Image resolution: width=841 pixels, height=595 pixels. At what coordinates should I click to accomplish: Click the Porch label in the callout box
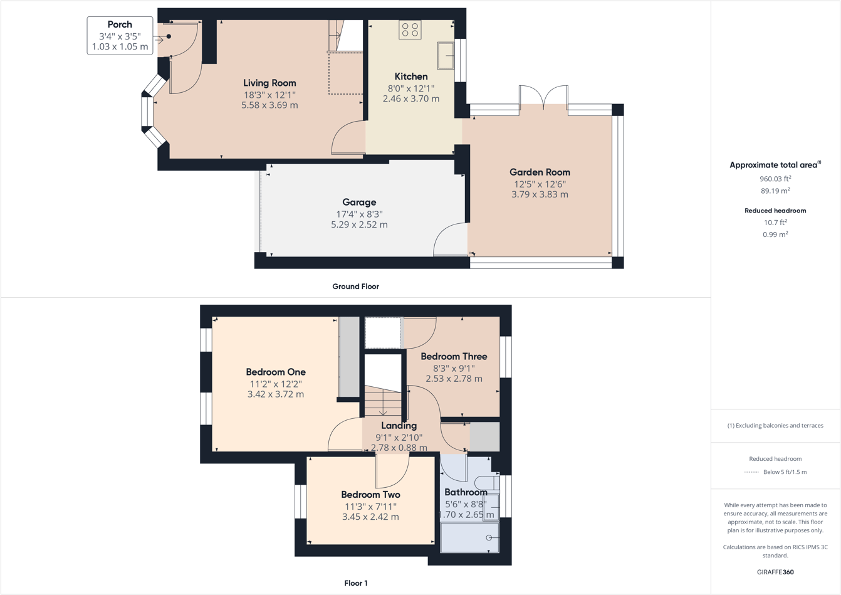pos(120,25)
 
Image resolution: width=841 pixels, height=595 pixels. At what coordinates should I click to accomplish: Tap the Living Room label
pos(269,83)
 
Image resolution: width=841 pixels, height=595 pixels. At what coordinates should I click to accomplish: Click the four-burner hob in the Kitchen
pos(410,29)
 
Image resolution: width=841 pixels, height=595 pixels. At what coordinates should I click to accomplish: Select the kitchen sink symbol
pos(446,56)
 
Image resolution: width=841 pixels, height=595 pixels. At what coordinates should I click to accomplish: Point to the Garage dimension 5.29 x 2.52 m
pos(359,224)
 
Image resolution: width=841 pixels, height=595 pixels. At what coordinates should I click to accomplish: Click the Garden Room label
pos(540,172)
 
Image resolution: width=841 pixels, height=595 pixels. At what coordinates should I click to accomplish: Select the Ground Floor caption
pos(355,287)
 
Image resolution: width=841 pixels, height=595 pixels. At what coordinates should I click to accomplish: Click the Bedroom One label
pos(276,372)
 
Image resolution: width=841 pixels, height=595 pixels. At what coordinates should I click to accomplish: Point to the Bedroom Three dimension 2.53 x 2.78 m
pos(454,379)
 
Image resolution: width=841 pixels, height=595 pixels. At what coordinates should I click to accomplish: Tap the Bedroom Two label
pos(370,495)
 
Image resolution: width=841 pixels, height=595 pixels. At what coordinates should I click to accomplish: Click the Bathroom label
pos(466,492)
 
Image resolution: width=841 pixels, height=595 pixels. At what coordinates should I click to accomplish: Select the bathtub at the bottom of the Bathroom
pos(470,538)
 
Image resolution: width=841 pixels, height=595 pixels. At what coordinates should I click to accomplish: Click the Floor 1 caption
pos(356,583)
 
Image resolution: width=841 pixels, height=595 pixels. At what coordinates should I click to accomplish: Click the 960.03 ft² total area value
pos(775,179)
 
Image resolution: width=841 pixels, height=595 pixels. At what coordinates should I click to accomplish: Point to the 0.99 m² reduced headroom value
pos(775,234)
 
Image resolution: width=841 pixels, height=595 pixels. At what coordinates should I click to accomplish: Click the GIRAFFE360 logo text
pos(775,572)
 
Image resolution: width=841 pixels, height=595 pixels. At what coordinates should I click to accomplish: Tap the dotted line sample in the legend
pos(751,472)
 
